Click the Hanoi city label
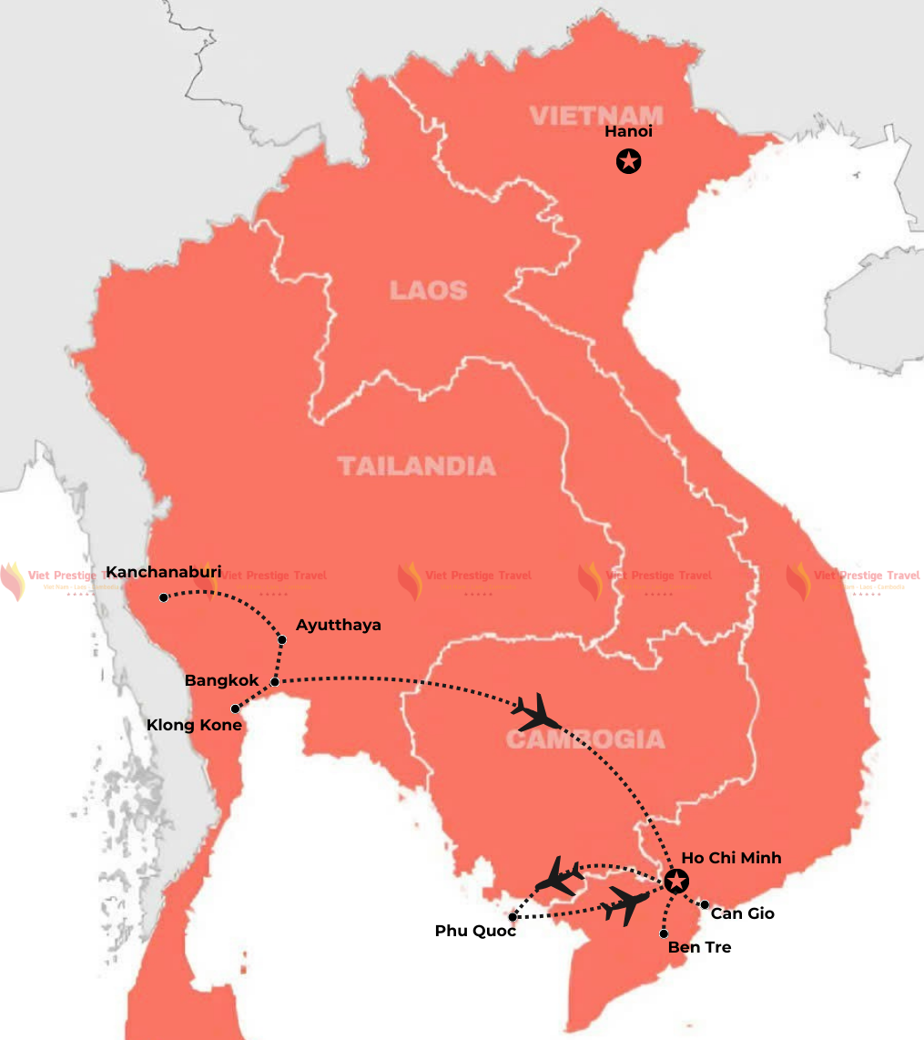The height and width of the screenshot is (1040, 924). coord(628,132)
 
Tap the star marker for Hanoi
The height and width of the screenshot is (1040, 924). coord(628,162)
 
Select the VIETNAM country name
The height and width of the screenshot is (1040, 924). coord(596,116)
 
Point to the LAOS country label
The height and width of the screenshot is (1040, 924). coord(428,291)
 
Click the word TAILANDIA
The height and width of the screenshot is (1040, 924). coord(417,466)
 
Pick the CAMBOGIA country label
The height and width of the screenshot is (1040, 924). coord(585,739)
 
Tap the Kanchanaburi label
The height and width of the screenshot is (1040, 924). coord(164,572)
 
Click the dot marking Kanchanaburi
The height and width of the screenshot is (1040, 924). coord(164,597)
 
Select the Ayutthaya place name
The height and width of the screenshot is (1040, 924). coord(339,625)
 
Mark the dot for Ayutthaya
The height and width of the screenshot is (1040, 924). coord(282,640)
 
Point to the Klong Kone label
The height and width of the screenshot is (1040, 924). coord(194,725)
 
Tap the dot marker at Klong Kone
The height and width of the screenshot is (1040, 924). coord(235,709)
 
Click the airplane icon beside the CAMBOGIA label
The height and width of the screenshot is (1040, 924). coord(535,711)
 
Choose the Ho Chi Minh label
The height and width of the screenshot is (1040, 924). coord(731,858)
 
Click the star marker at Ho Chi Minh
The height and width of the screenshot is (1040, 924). coord(675,882)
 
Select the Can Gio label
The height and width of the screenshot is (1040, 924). coord(742,913)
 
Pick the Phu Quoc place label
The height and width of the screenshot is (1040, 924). coord(475,931)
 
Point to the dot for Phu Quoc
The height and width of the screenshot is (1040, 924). coord(513,917)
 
